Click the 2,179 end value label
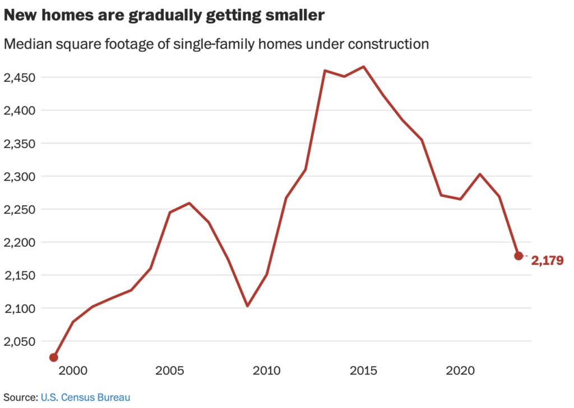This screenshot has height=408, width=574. point(547,260)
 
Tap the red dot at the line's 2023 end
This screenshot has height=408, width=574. point(519,256)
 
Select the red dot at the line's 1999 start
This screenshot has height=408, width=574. point(54,357)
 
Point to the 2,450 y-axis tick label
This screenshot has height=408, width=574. point(20,77)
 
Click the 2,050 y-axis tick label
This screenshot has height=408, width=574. point(20,341)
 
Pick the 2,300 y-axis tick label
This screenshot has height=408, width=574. point(20,176)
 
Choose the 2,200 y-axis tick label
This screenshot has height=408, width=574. point(20,242)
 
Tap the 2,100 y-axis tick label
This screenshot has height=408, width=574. point(20,308)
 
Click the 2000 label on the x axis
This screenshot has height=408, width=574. point(72,371)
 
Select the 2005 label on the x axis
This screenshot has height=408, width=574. point(170,371)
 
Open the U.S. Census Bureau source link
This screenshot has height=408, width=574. point(85,397)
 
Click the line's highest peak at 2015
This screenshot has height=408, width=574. point(364,67)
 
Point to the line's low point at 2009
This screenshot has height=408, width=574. point(247,306)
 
